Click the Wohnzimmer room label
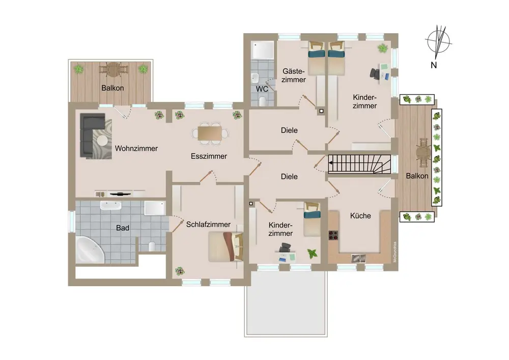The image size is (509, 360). (x=136, y=148)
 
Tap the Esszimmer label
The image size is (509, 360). (x=209, y=156)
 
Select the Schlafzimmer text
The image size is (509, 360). (x=208, y=225)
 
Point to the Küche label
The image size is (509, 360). (x=360, y=215)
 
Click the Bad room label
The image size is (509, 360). (x=123, y=228)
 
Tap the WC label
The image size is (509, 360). (x=262, y=89)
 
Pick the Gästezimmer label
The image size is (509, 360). (x=294, y=75)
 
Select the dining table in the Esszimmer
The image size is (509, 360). (x=210, y=133)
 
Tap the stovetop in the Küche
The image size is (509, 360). (x=333, y=235)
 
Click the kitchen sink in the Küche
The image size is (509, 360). (x=359, y=258)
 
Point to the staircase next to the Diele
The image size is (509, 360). (x=359, y=164)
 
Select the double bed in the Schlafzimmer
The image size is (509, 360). (x=225, y=246)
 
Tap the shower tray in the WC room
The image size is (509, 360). (x=263, y=50)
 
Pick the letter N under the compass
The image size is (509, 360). (x=434, y=65)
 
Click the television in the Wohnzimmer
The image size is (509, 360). (x=121, y=194)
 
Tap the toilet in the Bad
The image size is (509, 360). (x=152, y=246)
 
